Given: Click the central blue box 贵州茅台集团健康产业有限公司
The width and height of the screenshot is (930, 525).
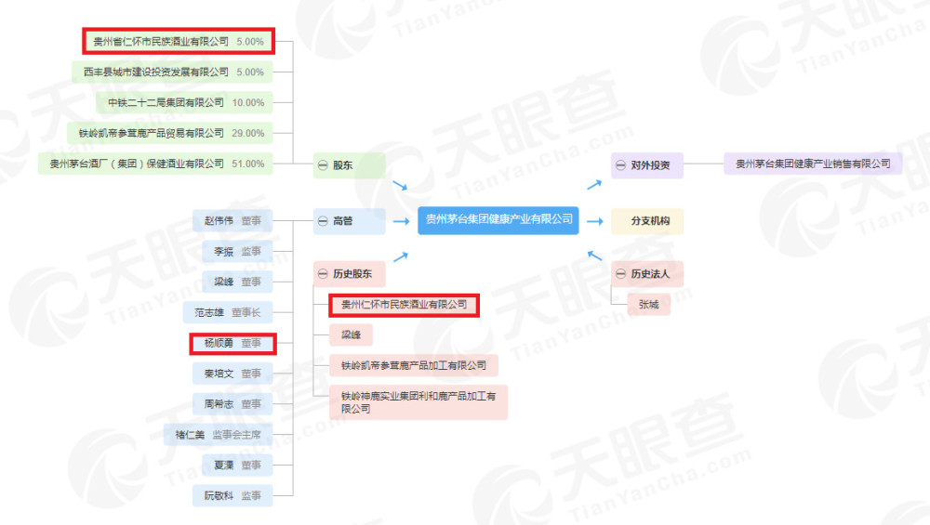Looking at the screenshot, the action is (x=498, y=220).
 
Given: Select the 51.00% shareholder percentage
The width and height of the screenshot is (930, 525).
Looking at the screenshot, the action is (x=248, y=164).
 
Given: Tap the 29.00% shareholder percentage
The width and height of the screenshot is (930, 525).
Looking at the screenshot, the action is (x=248, y=133).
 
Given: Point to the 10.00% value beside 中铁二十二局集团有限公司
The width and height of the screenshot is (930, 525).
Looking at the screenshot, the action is (x=248, y=102).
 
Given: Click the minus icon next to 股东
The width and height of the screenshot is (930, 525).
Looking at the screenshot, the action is (x=323, y=165).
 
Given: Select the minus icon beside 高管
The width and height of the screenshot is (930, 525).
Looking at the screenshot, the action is (x=323, y=221).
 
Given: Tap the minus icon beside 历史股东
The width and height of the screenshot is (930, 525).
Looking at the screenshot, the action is (x=323, y=274).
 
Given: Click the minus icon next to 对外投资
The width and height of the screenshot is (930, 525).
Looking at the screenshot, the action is (x=620, y=165).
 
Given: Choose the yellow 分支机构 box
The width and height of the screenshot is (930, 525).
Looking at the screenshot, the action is (x=647, y=221).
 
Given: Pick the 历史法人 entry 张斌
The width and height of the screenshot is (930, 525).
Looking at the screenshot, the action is (x=649, y=305).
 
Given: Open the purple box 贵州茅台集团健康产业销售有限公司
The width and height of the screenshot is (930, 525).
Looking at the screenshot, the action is (x=813, y=164).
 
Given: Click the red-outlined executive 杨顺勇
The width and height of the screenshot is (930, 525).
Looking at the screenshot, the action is (x=233, y=343).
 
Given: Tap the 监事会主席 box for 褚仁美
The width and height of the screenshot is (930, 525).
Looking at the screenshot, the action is (x=219, y=435).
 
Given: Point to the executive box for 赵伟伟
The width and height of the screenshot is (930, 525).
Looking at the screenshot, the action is (x=232, y=221).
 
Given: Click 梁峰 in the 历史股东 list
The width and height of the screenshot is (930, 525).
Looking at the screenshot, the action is (x=352, y=335).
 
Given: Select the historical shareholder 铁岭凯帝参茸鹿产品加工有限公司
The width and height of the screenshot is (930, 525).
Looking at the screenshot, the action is (x=414, y=365).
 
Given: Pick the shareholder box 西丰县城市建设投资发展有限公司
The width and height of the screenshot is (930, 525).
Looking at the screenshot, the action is (x=173, y=72).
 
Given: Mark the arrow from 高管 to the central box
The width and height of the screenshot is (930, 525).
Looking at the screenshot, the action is (x=402, y=221).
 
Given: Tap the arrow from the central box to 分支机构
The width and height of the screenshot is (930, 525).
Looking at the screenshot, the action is (x=595, y=221).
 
